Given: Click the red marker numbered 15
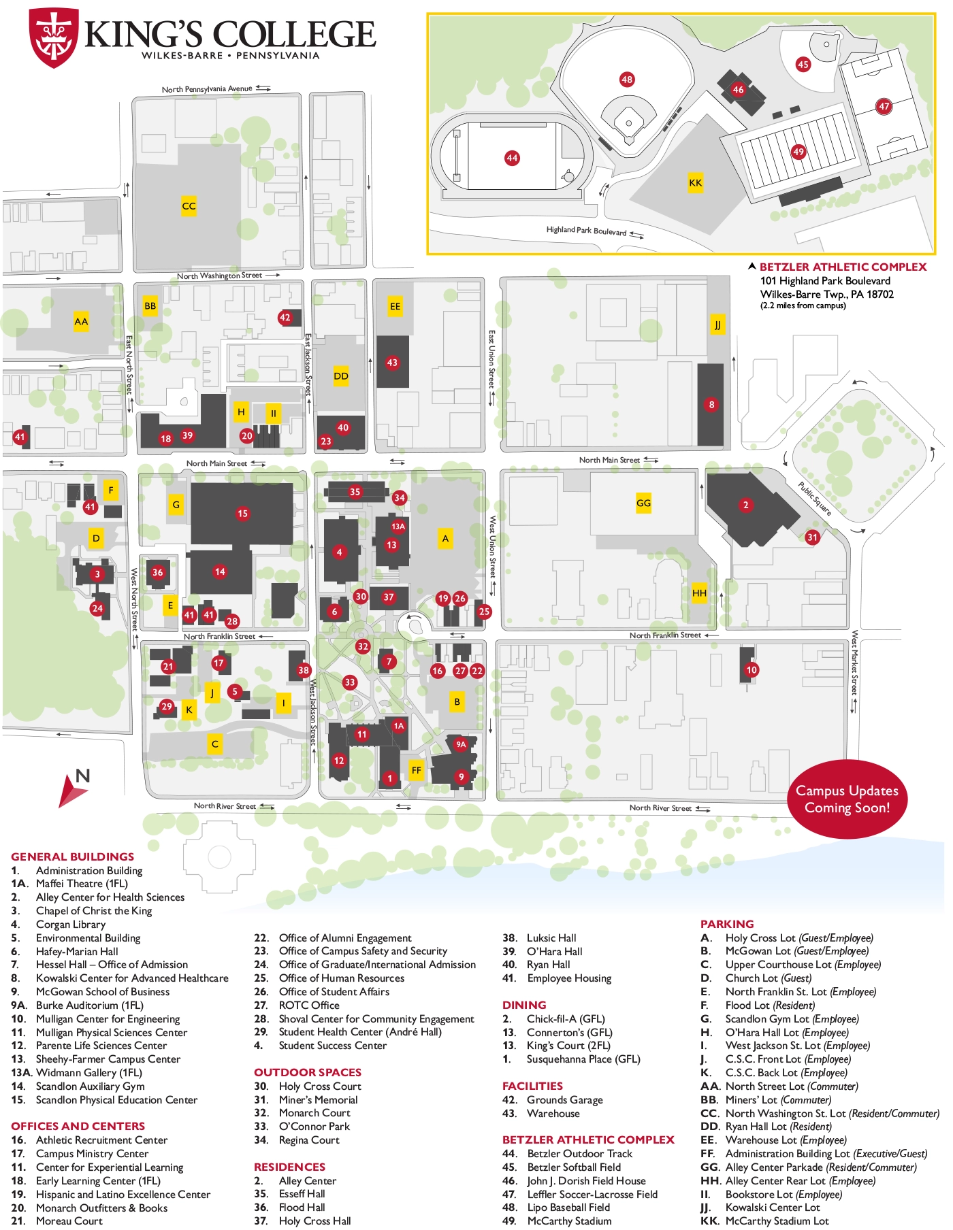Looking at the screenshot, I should coord(242,514).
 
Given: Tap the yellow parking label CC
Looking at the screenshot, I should coord(189,205).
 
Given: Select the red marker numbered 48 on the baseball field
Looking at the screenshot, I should coord(627,80).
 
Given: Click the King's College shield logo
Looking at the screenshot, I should coord(54,37).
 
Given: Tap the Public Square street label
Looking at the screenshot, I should coord(814,499).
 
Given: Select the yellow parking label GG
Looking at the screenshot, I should coord(643,503).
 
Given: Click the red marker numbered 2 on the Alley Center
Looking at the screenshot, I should coord(745,505).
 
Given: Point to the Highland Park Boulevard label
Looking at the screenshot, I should coord(586,231).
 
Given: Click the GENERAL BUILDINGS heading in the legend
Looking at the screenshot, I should coord(72,857).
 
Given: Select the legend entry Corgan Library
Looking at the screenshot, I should coord(71,924).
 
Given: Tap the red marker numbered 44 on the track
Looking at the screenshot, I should coord(512,158).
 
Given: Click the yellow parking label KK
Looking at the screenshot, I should coord(695,182).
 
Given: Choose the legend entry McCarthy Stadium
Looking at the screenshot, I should coord(569,1220).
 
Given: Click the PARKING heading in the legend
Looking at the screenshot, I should coord(727,924).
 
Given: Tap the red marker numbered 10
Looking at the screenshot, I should coord(752,669).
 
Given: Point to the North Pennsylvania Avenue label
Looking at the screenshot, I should coord(207,89).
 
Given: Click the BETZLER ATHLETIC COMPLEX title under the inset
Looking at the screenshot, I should coord(843,267).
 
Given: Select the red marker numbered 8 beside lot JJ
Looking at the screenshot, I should coord(711,405).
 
